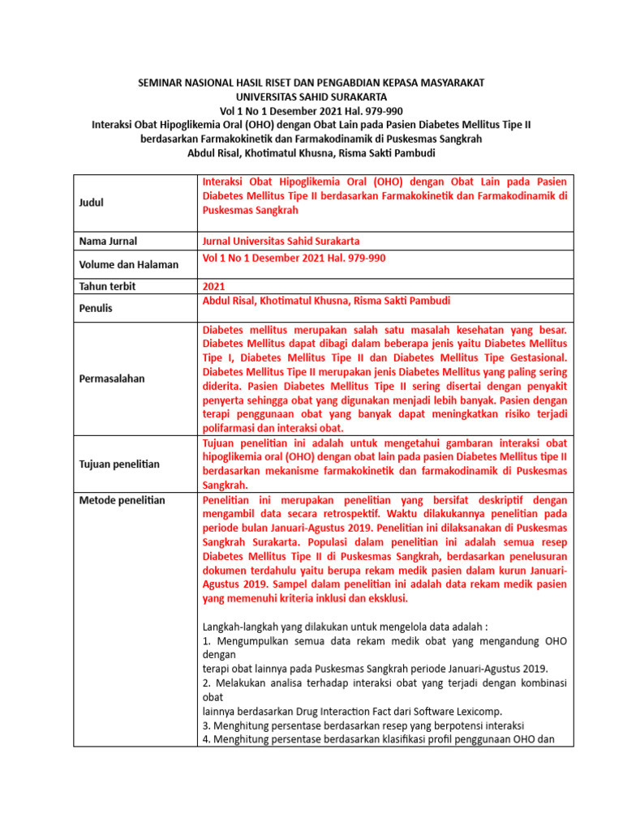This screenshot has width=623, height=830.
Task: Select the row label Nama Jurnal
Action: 108,241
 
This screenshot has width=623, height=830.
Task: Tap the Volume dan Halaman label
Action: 128,264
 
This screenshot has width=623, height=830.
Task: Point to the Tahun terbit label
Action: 107,286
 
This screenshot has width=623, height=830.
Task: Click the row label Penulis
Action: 97,308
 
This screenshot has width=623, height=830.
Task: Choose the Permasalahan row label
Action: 112,379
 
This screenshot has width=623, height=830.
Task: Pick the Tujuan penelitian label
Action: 119,464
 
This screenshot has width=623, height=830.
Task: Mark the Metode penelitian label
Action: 122,500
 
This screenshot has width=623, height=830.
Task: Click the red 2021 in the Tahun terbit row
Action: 214,286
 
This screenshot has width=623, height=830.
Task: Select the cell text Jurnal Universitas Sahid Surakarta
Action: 281,241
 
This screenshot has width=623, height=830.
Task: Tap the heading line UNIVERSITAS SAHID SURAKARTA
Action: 311,97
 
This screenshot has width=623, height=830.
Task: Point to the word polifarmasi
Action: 232,428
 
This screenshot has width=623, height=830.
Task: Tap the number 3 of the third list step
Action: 204,725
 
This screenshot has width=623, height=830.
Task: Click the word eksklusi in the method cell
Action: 387,598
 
